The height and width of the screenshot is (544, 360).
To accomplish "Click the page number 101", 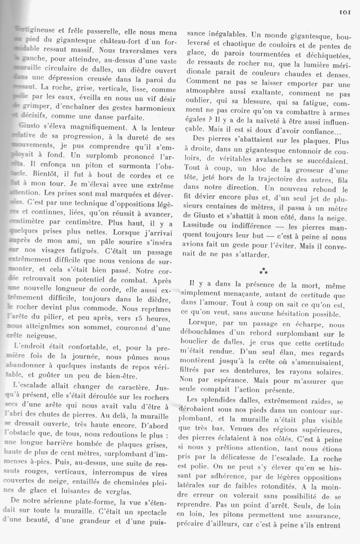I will coord(345,13).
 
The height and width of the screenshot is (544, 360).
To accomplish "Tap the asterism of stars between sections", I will coord(264,271).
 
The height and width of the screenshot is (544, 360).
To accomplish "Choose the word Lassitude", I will coord(201,226).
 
